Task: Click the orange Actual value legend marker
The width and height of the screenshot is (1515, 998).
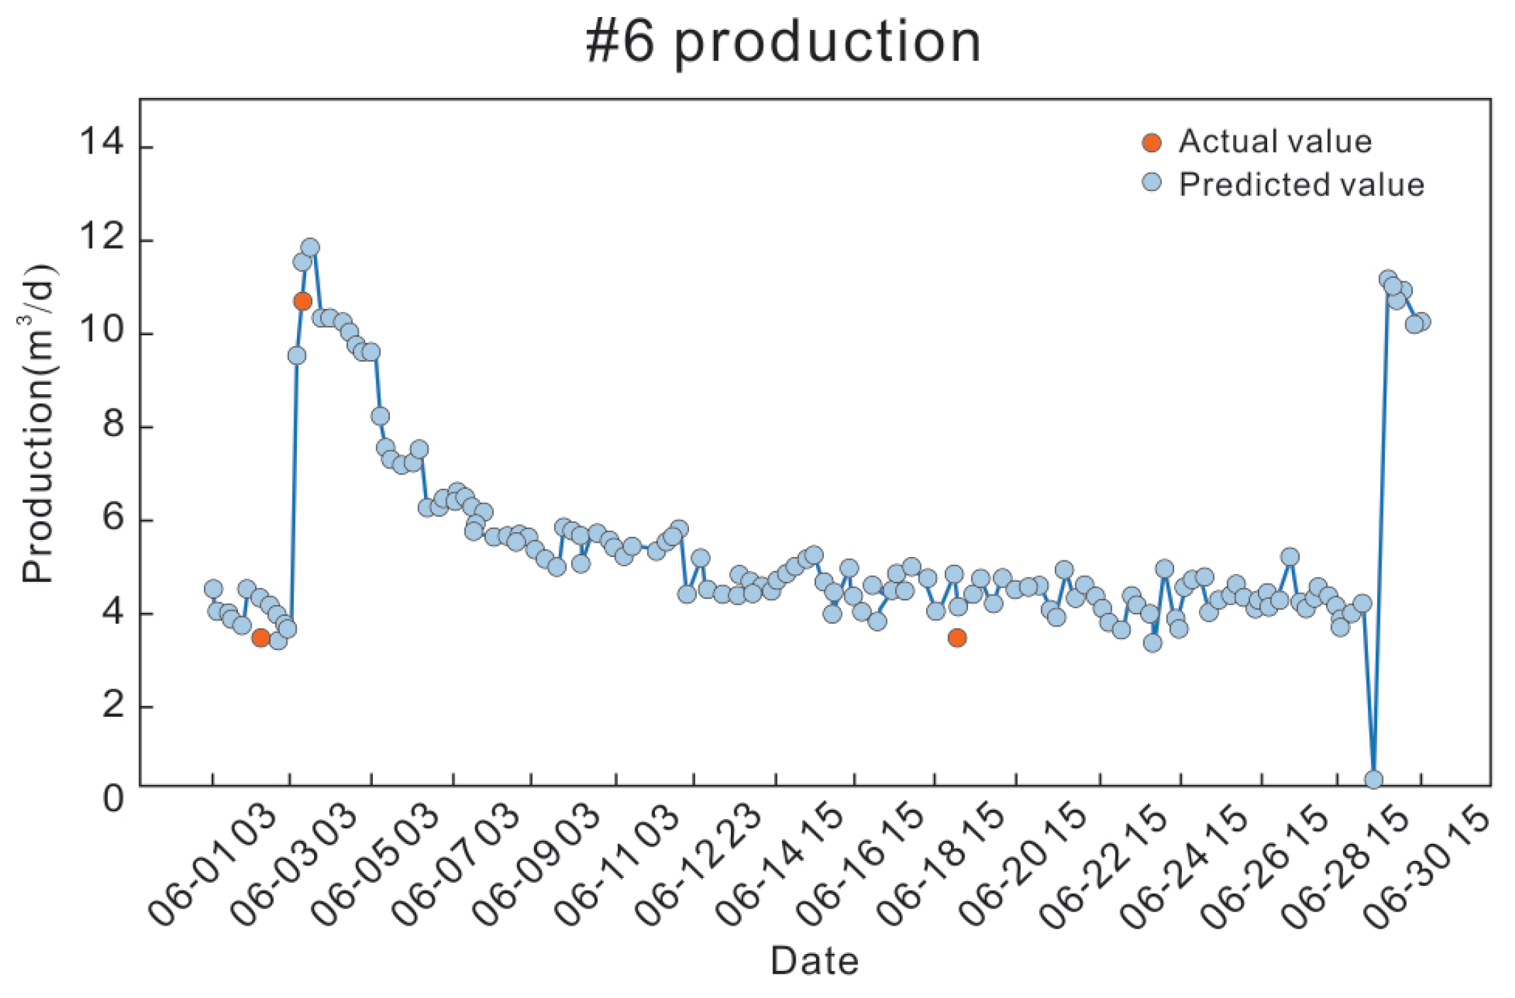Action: click(1151, 142)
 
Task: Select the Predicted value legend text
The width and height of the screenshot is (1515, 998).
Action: click(1301, 185)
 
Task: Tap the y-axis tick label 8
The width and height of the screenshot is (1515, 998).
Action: click(114, 424)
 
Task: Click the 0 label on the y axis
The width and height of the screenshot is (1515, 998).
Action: click(114, 798)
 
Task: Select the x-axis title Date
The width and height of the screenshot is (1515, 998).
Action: click(815, 961)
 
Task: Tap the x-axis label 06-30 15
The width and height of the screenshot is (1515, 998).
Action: click(1428, 868)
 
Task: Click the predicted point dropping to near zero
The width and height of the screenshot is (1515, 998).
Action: click(1374, 779)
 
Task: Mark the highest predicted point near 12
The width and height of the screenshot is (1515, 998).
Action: click(310, 247)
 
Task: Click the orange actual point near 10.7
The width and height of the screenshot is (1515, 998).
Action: click(303, 301)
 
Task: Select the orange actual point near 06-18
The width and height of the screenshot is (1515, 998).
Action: click(957, 637)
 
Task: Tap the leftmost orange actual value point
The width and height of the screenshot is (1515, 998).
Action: click(261, 637)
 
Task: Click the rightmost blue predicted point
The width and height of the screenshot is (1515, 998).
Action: click(1422, 321)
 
